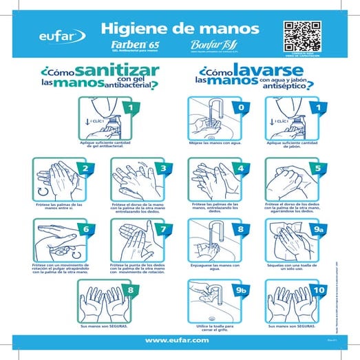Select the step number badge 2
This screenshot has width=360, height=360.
[x=85, y=169]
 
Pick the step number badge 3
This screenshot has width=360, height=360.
[x=162, y=169]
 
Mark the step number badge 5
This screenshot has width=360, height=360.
[x=317, y=169]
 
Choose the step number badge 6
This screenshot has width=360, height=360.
[x=85, y=230]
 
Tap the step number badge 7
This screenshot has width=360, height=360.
[x=162, y=230]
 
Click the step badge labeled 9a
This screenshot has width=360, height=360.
[x=317, y=230]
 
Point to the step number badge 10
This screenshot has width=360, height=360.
[x=317, y=290]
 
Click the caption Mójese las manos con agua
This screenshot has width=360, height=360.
[x=215, y=143]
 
